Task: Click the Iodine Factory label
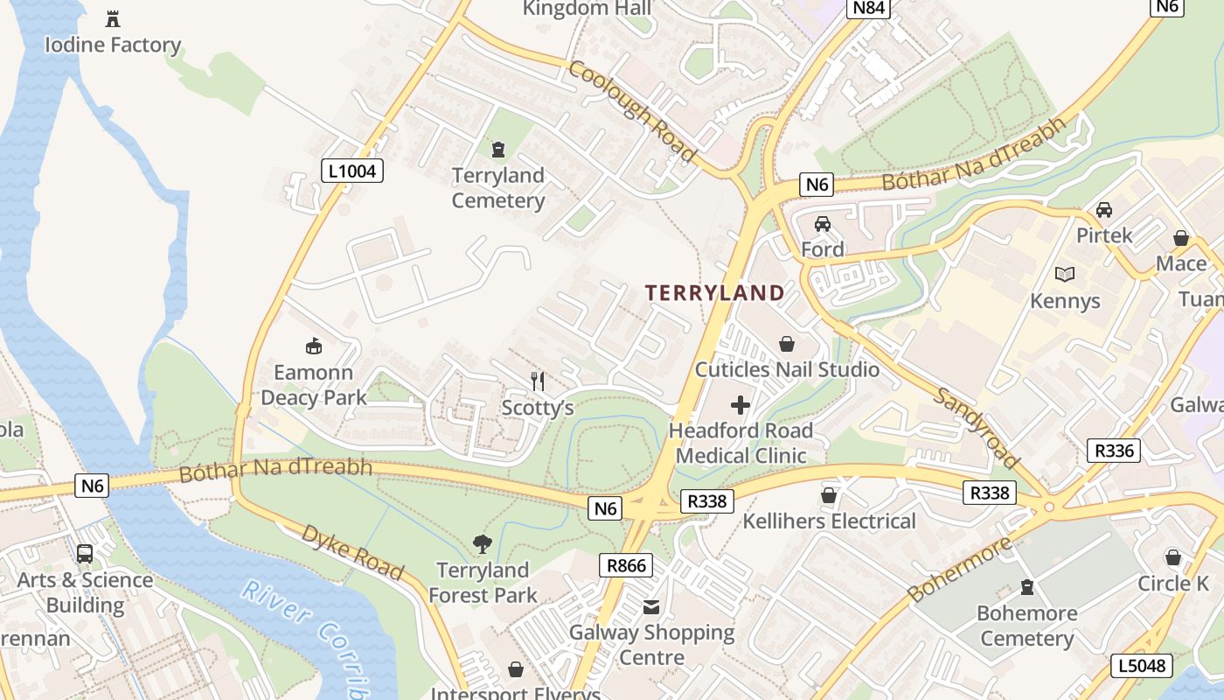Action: (113, 45)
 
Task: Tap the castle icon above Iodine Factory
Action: (112, 18)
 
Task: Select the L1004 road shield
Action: (352, 171)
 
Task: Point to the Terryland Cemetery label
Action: (498, 188)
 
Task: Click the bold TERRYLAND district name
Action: (715, 293)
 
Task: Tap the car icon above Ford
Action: (823, 224)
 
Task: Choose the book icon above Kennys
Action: (1065, 275)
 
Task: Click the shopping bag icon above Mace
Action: (1181, 238)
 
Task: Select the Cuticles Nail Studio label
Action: (787, 369)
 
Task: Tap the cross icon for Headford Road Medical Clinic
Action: (741, 404)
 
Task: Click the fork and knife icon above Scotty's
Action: (538, 381)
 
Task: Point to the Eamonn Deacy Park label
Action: (314, 385)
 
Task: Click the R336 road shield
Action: (1115, 451)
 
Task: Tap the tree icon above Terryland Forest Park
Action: (482, 544)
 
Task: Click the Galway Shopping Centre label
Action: (652, 645)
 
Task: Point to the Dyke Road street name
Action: (353, 553)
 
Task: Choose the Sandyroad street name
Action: (977, 429)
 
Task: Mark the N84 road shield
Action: (869, 8)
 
